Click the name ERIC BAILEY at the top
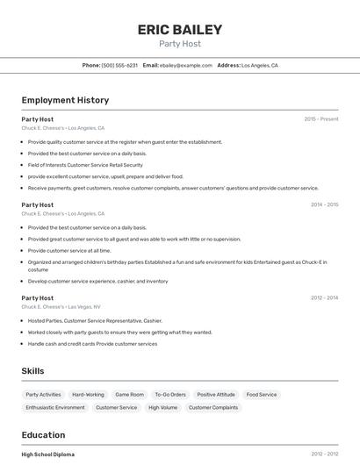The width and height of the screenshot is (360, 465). coord(180,30)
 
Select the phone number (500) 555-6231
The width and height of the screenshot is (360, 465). coord(119,65)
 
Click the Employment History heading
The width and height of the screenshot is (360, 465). coord(65,100)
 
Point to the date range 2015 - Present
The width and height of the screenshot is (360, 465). coord(321,118)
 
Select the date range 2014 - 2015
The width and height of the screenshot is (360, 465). coord(324,204)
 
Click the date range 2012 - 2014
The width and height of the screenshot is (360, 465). coord(324,298)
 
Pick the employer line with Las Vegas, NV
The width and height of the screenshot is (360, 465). coord(61,307)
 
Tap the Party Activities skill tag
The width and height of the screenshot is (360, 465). coord(43,395)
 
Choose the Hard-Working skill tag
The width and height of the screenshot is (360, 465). coord(88,395)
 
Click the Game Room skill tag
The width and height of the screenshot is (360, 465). coord(129,395)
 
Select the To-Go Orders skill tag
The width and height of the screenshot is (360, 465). coord(170,395)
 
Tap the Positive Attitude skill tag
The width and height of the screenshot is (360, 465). coord(216,395)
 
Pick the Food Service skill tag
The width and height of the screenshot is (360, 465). coord(262,395)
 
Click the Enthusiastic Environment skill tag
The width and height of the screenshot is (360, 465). coord(55,407)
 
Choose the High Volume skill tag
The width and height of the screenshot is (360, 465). coord(162,407)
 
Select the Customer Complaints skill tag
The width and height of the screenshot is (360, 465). coord(213,407)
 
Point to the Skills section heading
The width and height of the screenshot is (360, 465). coord(32,371)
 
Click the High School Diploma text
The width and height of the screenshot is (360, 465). coord(48,454)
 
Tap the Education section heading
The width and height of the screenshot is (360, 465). coord(43,435)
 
